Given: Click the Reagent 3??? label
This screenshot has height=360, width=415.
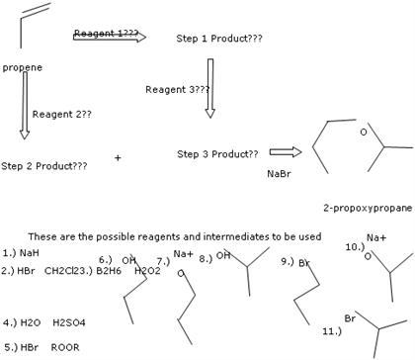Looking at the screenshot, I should click(177, 89).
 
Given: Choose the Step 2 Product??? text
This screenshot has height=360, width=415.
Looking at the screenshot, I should click(44, 165).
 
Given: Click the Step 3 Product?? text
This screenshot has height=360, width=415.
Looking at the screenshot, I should click(217, 154).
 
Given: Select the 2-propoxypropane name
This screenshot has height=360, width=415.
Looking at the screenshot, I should click(367, 209).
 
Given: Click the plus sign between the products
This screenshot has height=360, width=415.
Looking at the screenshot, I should click(119, 157).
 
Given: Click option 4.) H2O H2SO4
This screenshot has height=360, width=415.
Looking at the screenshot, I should click(43, 322).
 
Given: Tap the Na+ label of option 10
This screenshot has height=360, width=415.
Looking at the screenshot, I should click(375, 238).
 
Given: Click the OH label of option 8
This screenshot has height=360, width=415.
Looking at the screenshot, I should click(223, 256).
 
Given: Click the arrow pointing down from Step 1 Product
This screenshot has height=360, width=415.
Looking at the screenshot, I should click(209, 88).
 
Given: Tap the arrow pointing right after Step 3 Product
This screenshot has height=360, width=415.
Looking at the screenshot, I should click(284, 152).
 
